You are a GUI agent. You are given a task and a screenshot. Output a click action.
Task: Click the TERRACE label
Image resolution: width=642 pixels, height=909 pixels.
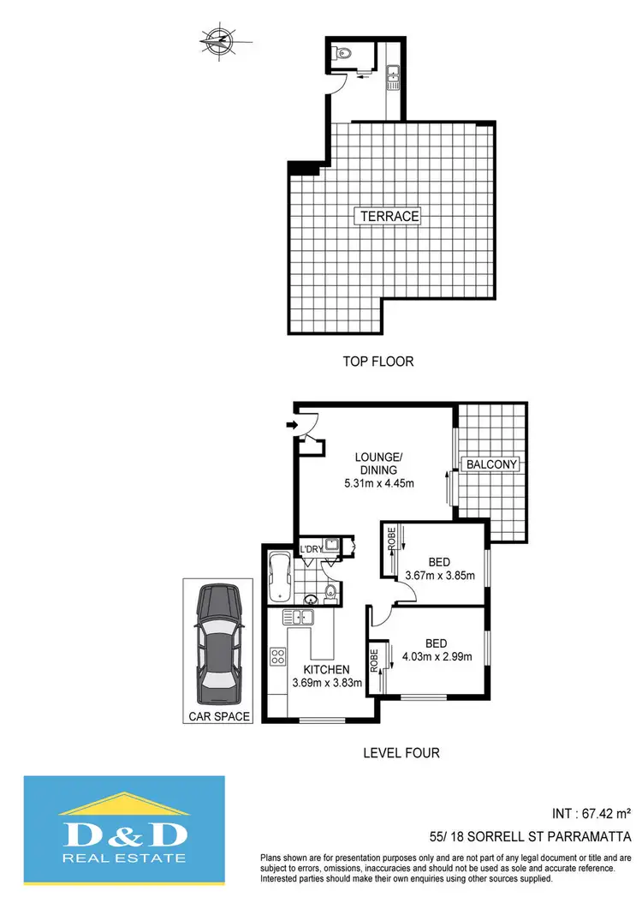tap(389, 217)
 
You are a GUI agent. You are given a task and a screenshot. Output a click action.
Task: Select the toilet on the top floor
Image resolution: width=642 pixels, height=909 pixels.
tap(342, 51)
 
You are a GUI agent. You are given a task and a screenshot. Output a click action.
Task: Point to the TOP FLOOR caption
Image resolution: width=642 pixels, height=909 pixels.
tap(377, 362)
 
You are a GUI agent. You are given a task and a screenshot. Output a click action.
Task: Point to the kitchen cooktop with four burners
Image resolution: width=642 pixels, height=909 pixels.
tap(279, 658)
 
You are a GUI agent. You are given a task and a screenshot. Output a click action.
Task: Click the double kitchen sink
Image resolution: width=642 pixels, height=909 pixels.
tap(301, 617)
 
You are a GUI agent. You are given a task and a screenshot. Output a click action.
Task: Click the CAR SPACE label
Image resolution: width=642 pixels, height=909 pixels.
tap(217, 716)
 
